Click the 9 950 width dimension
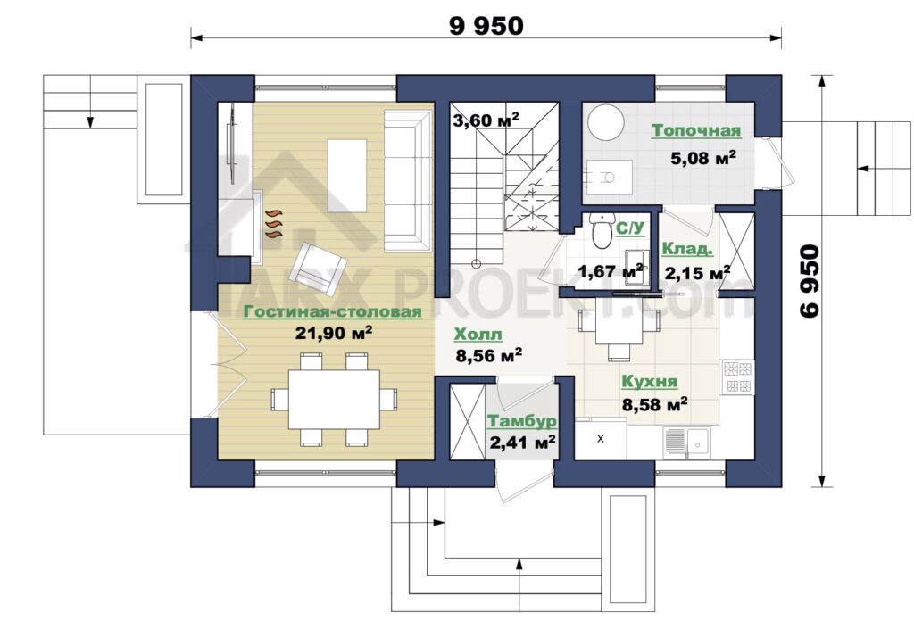(x=486, y=26)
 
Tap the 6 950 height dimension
(x=810, y=281)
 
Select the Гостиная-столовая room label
(x=332, y=311)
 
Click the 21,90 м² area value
(x=334, y=333)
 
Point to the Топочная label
(x=696, y=130)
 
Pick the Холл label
(x=478, y=335)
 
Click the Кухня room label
(x=650, y=382)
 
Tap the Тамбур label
(x=521, y=421)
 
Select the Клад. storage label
(x=687, y=249)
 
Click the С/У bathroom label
(x=630, y=228)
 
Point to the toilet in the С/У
(x=599, y=230)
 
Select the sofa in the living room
(x=407, y=180)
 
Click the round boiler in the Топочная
(x=606, y=123)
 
